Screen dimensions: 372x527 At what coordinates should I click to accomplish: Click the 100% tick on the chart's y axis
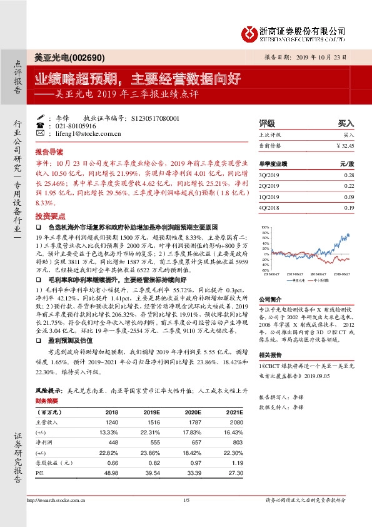(x=265, y=228)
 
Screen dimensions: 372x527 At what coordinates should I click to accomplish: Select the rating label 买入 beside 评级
(x=346, y=123)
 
